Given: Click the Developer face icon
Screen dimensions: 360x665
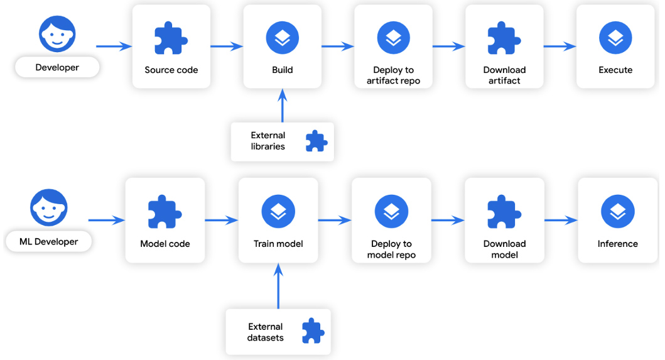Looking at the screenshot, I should click(x=57, y=34).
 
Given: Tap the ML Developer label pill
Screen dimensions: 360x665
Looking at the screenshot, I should click(x=49, y=242).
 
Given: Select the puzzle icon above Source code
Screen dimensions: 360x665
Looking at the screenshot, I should click(x=171, y=39).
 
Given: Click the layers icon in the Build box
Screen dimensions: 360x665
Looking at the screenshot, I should click(x=282, y=38).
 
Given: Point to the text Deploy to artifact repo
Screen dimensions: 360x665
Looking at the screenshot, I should click(x=393, y=75).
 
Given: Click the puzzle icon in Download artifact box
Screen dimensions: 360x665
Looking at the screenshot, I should click(x=504, y=39).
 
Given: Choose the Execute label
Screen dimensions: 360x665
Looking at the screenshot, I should click(x=615, y=70).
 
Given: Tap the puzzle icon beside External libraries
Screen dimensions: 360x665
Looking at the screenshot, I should click(x=316, y=141).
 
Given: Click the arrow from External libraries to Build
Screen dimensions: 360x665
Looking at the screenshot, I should click(x=282, y=106).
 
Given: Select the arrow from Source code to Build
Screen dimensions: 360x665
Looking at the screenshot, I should click(x=226, y=46).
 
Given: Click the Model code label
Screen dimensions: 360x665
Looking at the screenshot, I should click(x=165, y=244).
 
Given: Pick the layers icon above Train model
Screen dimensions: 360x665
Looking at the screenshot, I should click(x=278, y=211).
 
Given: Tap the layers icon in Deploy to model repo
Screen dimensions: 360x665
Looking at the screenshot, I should click(x=391, y=211).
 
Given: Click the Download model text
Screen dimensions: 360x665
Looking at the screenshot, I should click(x=504, y=249).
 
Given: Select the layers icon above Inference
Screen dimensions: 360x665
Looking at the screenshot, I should click(x=617, y=211).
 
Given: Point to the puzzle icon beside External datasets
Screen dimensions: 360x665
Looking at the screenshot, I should click(x=312, y=332).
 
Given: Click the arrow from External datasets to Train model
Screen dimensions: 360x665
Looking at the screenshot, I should click(x=278, y=286).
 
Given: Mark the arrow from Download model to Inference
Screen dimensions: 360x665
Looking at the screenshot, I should click(x=561, y=220).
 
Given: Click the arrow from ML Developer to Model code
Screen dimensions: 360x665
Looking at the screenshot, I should click(x=107, y=220).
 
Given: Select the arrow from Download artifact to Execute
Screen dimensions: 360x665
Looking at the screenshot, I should click(x=560, y=46).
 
